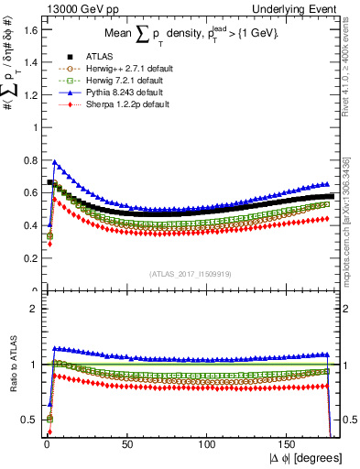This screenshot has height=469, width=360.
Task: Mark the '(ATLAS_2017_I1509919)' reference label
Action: (191, 273)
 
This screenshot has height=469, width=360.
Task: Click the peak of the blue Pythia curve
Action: (55, 162)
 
